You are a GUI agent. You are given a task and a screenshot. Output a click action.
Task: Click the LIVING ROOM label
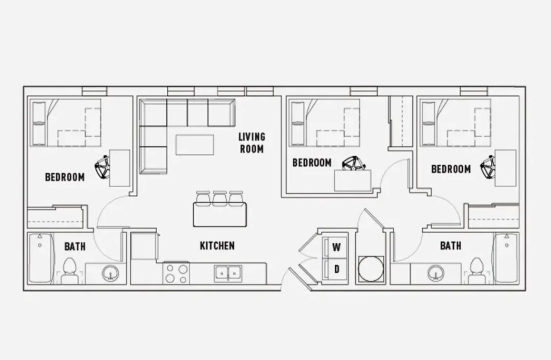tap(252, 143)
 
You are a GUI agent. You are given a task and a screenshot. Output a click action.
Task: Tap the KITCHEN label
tap(217, 246)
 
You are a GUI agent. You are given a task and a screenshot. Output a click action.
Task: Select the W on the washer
tap(336, 248)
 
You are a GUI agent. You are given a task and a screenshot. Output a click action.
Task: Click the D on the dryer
tap(337, 269)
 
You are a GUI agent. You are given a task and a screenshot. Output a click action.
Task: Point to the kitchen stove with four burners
tap(176, 273)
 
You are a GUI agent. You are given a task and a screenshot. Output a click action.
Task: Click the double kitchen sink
tap(228, 273)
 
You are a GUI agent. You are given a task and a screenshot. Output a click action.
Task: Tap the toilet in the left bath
tap(69, 271)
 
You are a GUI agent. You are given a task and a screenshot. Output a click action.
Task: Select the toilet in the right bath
tap(477, 271)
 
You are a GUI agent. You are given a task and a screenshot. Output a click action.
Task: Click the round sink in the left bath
tap(110, 273)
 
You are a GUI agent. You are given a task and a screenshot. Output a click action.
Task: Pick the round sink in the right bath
tap(436, 273)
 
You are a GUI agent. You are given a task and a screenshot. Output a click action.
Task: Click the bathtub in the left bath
tap(40, 258)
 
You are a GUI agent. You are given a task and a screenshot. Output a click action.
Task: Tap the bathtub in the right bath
tap(506, 258)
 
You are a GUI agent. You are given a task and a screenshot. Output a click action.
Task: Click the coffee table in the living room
tap(195, 145)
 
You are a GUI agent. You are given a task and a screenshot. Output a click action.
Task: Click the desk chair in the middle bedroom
tap(354, 164)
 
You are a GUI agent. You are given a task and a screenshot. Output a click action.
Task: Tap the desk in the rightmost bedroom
tap(506, 168)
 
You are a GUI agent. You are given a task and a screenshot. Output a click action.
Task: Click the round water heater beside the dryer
tap(371, 269)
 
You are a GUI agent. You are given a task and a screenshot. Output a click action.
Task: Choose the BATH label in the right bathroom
tap(450, 245)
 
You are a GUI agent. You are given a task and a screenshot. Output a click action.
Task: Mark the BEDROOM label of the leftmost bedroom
tap(65, 177)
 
